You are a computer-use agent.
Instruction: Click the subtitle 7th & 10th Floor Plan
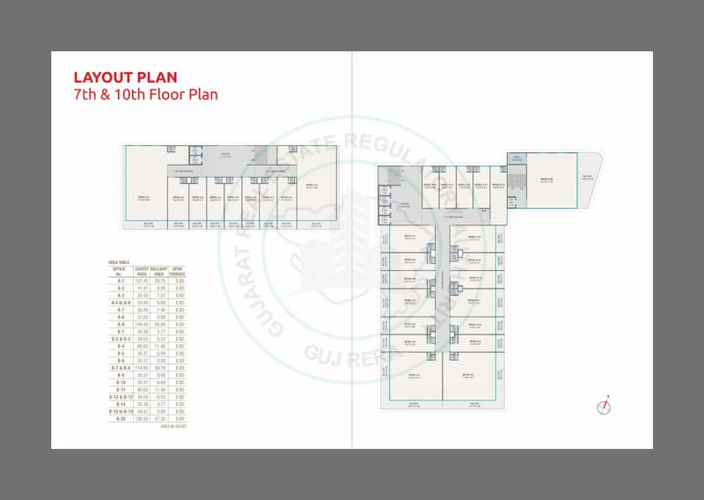[145, 93]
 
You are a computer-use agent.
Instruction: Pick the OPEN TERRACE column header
[179, 272]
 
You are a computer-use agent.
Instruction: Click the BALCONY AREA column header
[159, 272]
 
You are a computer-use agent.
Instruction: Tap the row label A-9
[120, 325]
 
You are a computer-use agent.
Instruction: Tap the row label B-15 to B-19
[120, 411]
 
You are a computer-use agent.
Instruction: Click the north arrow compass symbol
[604, 406]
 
